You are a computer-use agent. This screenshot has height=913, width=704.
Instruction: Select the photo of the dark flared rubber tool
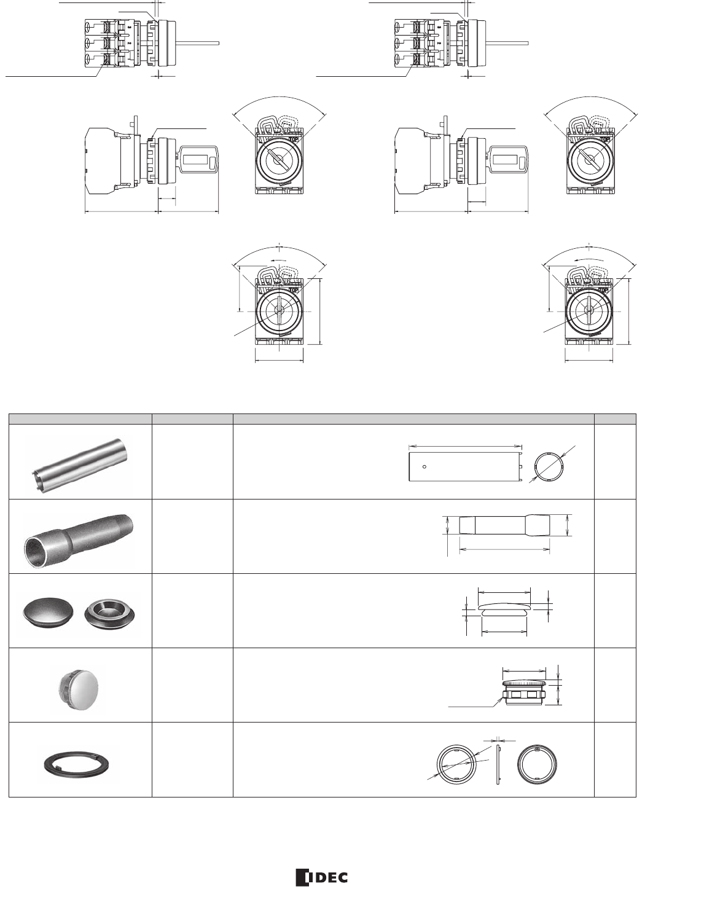(79, 536)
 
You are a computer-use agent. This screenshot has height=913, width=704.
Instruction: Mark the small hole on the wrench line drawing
(424, 466)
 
